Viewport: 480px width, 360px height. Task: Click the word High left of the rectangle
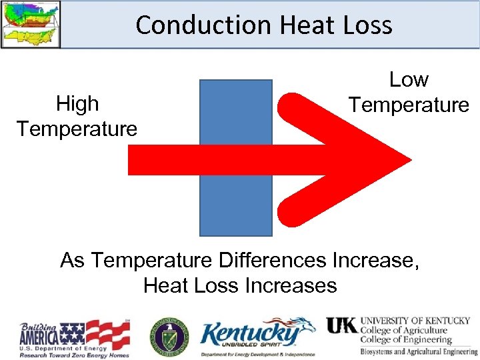[x=77, y=103]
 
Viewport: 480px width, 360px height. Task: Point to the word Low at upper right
[x=409, y=79]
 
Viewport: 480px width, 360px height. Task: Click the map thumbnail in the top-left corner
[x=31, y=24]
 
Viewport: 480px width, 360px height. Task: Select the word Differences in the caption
[x=279, y=259]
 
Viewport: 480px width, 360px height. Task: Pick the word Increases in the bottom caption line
[x=291, y=285]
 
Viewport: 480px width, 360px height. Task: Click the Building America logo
[x=74, y=337]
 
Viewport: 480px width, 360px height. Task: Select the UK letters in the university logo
[x=341, y=326]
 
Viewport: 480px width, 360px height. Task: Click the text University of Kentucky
[x=415, y=321]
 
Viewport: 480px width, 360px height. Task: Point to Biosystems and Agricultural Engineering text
[x=419, y=351]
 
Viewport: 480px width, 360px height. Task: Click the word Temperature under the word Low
[x=409, y=105]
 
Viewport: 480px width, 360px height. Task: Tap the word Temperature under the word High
[x=77, y=128]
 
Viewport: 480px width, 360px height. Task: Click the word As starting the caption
[x=73, y=259]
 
